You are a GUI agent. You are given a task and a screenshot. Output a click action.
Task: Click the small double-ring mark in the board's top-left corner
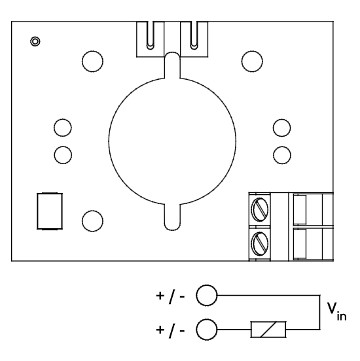pyautogui.click(x=35, y=41)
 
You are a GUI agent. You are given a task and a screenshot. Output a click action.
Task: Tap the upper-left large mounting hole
pyautogui.click(x=92, y=61)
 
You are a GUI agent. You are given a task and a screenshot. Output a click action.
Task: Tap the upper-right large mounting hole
pyautogui.click(x=252, y=61)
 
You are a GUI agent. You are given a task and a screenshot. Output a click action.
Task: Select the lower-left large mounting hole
pyautogui.click(x=92, y=221)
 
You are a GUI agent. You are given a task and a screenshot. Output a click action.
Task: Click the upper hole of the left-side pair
pyautogui.click(x=63, y=128)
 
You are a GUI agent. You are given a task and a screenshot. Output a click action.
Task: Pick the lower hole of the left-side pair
pyautogui.click(x=63, y=155)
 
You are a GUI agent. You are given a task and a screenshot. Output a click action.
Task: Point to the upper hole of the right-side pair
pyautogui.click(x=281, y=128)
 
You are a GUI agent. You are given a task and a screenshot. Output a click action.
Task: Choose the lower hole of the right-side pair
pyautogui.click(x=282, y=155)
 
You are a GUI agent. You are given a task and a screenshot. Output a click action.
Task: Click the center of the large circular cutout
pyautogui.click(x=172, y=141)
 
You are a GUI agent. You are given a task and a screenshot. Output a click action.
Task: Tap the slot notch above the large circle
pyautogui.click(x=172, y=65)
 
